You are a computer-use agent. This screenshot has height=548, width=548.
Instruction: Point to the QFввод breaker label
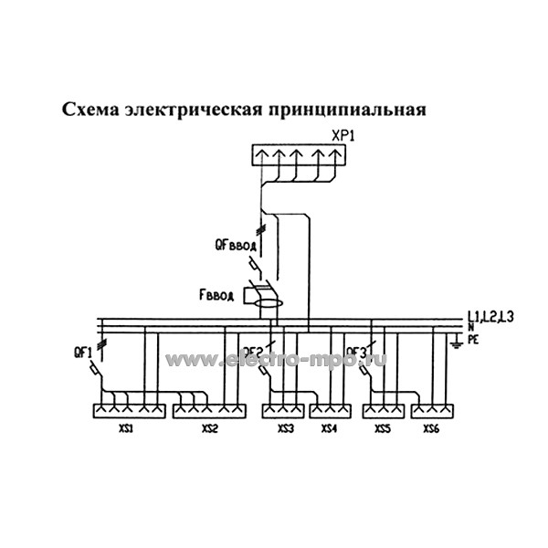coord(236,245)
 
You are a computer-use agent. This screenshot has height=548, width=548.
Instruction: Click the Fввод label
coord(216,295)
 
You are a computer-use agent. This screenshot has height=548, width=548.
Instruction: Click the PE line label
coord(473,337)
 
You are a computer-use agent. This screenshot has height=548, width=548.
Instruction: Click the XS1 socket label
coord(125,428)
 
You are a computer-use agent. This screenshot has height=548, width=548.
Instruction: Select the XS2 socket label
coord(209,428)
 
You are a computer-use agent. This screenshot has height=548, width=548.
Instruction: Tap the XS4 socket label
coord(329,428)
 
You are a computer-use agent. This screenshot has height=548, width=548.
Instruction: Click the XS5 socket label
coord(383,428)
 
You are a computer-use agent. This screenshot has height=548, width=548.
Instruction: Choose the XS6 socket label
coord(431,428)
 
